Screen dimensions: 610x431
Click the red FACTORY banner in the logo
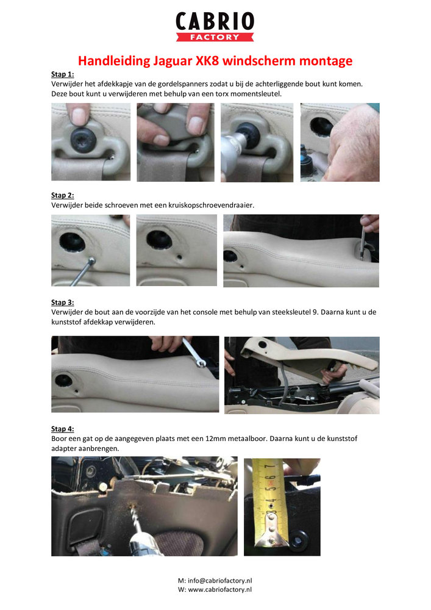coord(215,37)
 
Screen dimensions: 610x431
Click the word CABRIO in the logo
coord(215,21)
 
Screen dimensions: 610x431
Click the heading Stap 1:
coord(62,74)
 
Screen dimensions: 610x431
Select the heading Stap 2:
coord(62,195)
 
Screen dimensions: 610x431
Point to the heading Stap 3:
coord(62,302)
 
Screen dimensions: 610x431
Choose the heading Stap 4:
coord(62,429)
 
